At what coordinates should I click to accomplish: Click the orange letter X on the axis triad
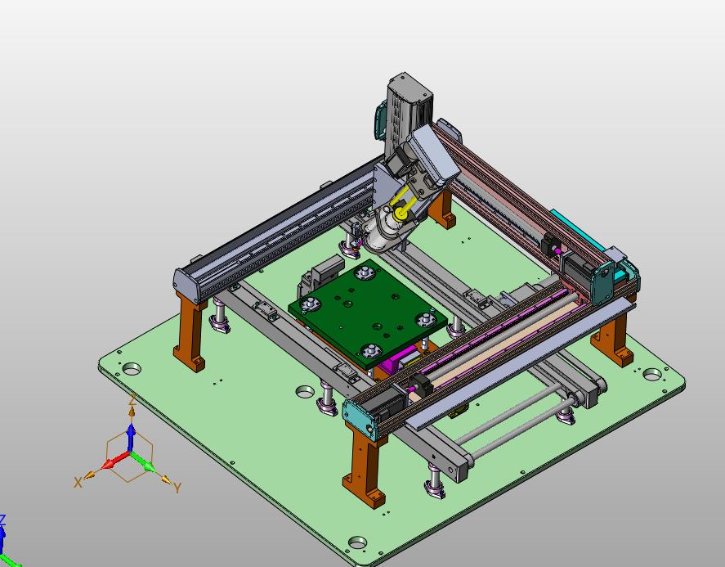click(78, 483)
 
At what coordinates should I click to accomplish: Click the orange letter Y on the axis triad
click(177, 488)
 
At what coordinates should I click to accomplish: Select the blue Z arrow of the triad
click(132, 436)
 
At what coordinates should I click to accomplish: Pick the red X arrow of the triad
click(114, 460)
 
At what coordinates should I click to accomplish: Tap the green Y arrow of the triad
click(143, 461)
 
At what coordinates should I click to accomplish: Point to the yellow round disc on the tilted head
click(400, 214)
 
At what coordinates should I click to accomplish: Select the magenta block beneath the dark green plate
click(396, 361)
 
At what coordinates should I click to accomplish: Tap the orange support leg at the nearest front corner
click(366, 466)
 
